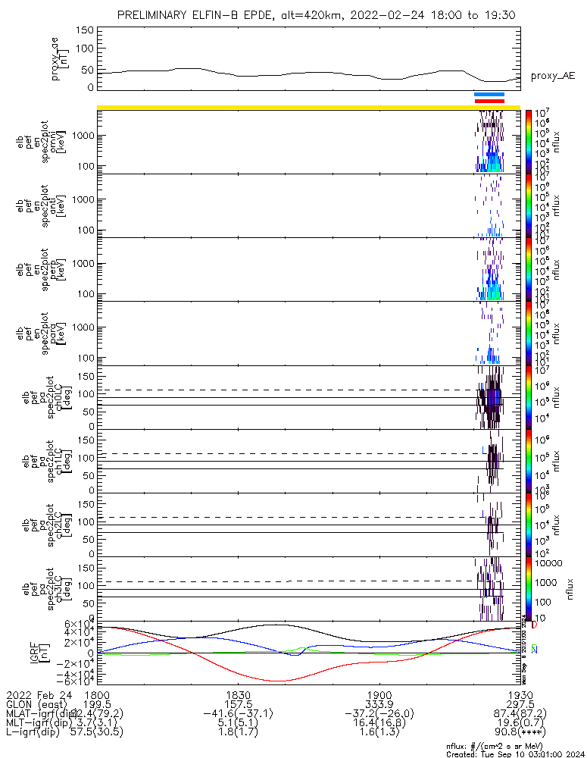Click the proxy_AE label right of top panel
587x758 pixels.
point(552,76)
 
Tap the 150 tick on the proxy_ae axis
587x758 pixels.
point(86,30)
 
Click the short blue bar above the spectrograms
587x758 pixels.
point(489,95)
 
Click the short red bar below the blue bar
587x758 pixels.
point(489,101)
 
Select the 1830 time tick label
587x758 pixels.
point(238,695)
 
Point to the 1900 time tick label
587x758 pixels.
point(379,695)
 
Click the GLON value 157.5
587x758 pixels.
point(238,705)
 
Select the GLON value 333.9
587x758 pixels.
point(379,705)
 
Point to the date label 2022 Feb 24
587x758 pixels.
point(38,695)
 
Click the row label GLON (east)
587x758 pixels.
point(36,705)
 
